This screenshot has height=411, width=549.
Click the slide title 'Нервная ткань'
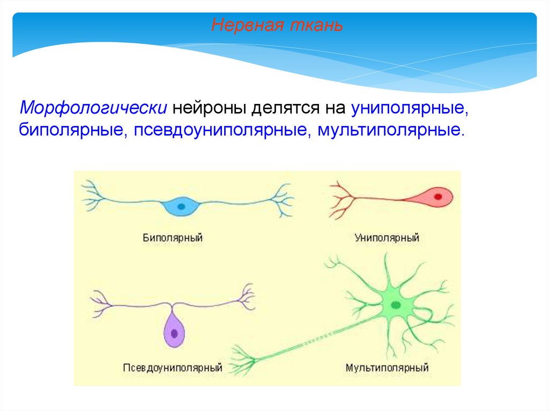277,25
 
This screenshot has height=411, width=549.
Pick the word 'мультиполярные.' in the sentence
390,130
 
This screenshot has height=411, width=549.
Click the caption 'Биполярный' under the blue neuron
173,237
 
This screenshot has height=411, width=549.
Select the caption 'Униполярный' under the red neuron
387,237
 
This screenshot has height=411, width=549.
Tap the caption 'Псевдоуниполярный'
173,368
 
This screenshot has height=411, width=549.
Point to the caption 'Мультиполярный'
387,368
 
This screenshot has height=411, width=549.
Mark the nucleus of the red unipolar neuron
438,196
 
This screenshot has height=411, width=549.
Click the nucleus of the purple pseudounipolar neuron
174,333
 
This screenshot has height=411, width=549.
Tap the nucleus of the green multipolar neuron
396,305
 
